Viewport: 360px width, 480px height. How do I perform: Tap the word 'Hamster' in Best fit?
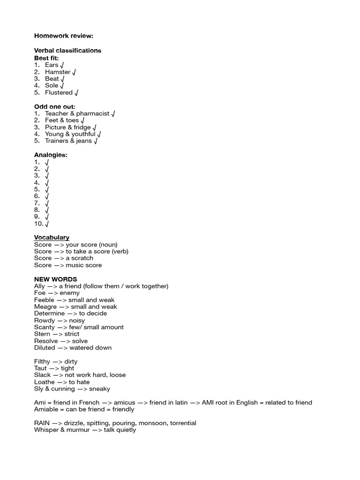58,72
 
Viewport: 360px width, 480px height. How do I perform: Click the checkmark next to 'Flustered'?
76,93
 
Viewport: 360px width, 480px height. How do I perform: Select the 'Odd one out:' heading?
54,106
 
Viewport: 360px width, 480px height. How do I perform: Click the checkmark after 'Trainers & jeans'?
96,141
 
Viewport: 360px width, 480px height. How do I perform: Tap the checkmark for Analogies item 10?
47,224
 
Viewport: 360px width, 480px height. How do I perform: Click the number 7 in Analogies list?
37,203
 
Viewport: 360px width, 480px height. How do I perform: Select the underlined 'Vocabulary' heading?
52,238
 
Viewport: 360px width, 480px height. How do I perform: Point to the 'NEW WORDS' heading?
55,279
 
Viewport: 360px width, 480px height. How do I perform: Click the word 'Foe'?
40,293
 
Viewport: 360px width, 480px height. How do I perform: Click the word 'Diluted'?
45,348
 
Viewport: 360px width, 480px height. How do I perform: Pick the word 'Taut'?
41,368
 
